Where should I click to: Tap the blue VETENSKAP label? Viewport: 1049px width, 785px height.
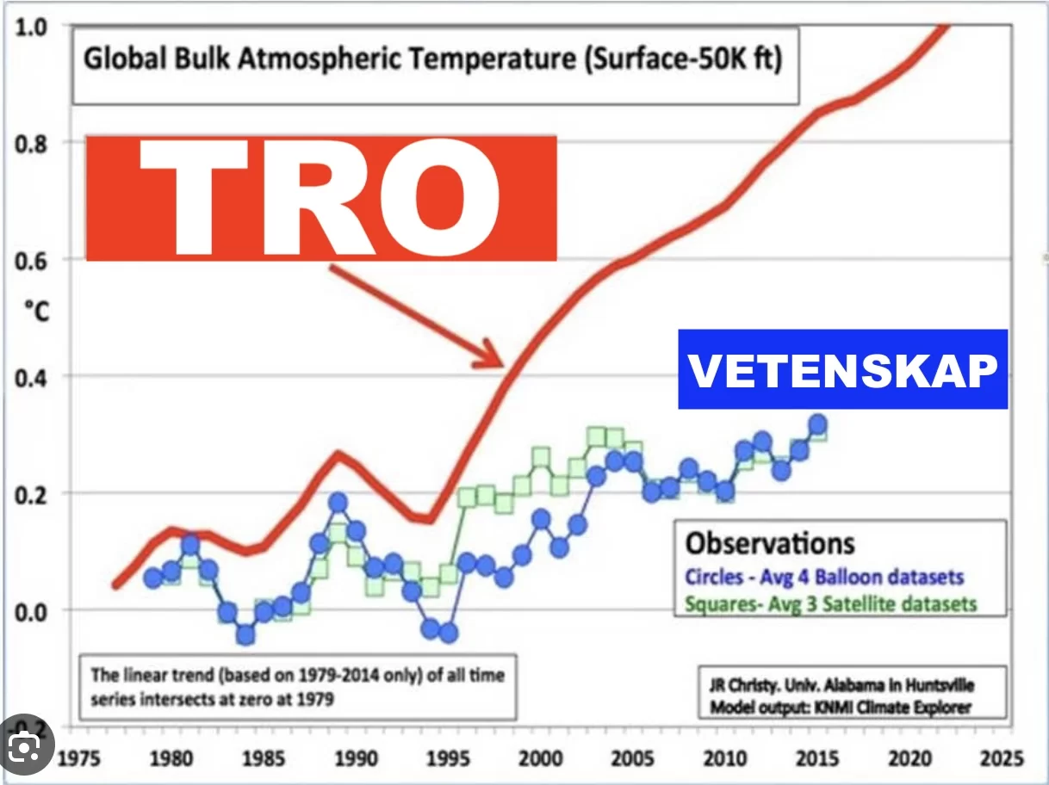pyautogui.click(x=843, y=370)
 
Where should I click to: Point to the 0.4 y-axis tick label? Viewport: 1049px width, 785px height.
pyautogui.click(x=32, y=376)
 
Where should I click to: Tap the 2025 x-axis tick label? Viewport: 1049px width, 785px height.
pyautogui.click(x=999, y=759)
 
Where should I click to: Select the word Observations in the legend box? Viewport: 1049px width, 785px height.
pyautogui.click(x=770, y=543)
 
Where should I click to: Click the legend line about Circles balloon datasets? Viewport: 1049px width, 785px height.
pyautogui.click(x=824, y=577)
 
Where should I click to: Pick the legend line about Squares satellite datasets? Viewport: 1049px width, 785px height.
pyautogui.click(x=831, y=603)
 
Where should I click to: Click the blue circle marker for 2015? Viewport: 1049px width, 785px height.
pyautogui.click(x=818, y=424)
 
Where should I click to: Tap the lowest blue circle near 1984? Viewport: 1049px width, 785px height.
pyautogui.click(x=245, y=635)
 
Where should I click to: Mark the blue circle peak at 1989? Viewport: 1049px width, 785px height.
pyautogui.click(x=338, y=503)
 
